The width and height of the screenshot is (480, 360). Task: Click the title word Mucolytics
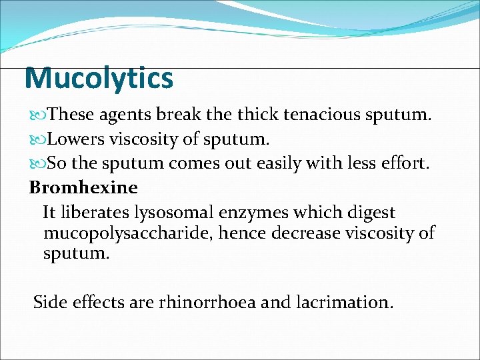(99, 79)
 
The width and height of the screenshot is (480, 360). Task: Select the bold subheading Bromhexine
(83, 188)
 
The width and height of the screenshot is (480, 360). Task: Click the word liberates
(95, 213)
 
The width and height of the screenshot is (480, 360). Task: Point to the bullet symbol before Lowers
(37, 140)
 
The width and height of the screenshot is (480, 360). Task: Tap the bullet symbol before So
(37, 165)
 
